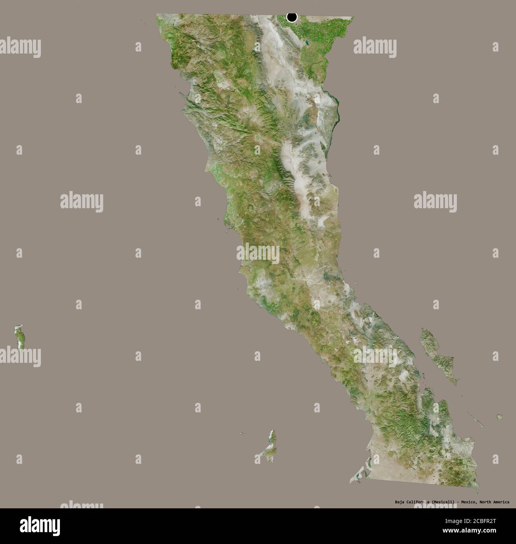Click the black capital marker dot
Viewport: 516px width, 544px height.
292,17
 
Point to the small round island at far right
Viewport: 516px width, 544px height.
499,417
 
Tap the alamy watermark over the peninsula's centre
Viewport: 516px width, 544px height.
258,254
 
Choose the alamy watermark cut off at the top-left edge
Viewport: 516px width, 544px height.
20,46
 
